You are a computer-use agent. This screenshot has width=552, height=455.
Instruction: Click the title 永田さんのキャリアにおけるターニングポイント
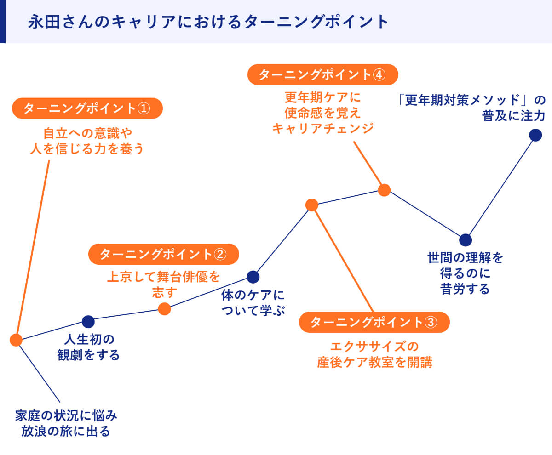click(208, 22)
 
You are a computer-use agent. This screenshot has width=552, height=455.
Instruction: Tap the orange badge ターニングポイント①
click(87, 108)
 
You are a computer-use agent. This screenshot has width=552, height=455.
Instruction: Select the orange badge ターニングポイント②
click(163, 254)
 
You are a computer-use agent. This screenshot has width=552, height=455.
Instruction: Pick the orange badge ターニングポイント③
click(374, 322)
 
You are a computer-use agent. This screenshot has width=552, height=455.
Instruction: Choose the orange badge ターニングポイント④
click(322, 74)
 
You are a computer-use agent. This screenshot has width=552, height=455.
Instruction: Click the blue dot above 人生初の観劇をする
click(88, 322)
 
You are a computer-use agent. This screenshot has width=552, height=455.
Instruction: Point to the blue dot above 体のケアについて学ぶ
click(253, 277)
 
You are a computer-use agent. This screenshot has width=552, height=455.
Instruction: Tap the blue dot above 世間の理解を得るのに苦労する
click(466, 240)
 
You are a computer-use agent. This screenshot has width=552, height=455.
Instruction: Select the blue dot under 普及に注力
click(535, 135)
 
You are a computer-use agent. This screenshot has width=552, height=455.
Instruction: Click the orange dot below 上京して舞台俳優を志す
click(164, 309)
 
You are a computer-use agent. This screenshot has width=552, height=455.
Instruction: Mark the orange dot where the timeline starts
click(16, 340)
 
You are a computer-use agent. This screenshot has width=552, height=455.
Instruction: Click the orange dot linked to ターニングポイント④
click(384, 190)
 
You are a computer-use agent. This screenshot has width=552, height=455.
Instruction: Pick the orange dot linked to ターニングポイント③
click(312, 205)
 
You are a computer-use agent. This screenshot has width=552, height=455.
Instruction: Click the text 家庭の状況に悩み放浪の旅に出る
click(66, 424)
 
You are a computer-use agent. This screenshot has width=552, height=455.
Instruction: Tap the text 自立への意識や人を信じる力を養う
click(87, 141)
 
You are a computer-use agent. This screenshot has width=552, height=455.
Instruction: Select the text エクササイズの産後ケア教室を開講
click(374, 354)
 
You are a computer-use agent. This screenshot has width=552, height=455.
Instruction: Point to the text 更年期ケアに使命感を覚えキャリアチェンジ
click(322, 113)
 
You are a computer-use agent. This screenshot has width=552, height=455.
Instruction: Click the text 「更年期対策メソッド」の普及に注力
click(471, 108)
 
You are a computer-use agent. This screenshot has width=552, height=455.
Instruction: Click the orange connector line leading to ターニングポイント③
click(343, 260)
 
